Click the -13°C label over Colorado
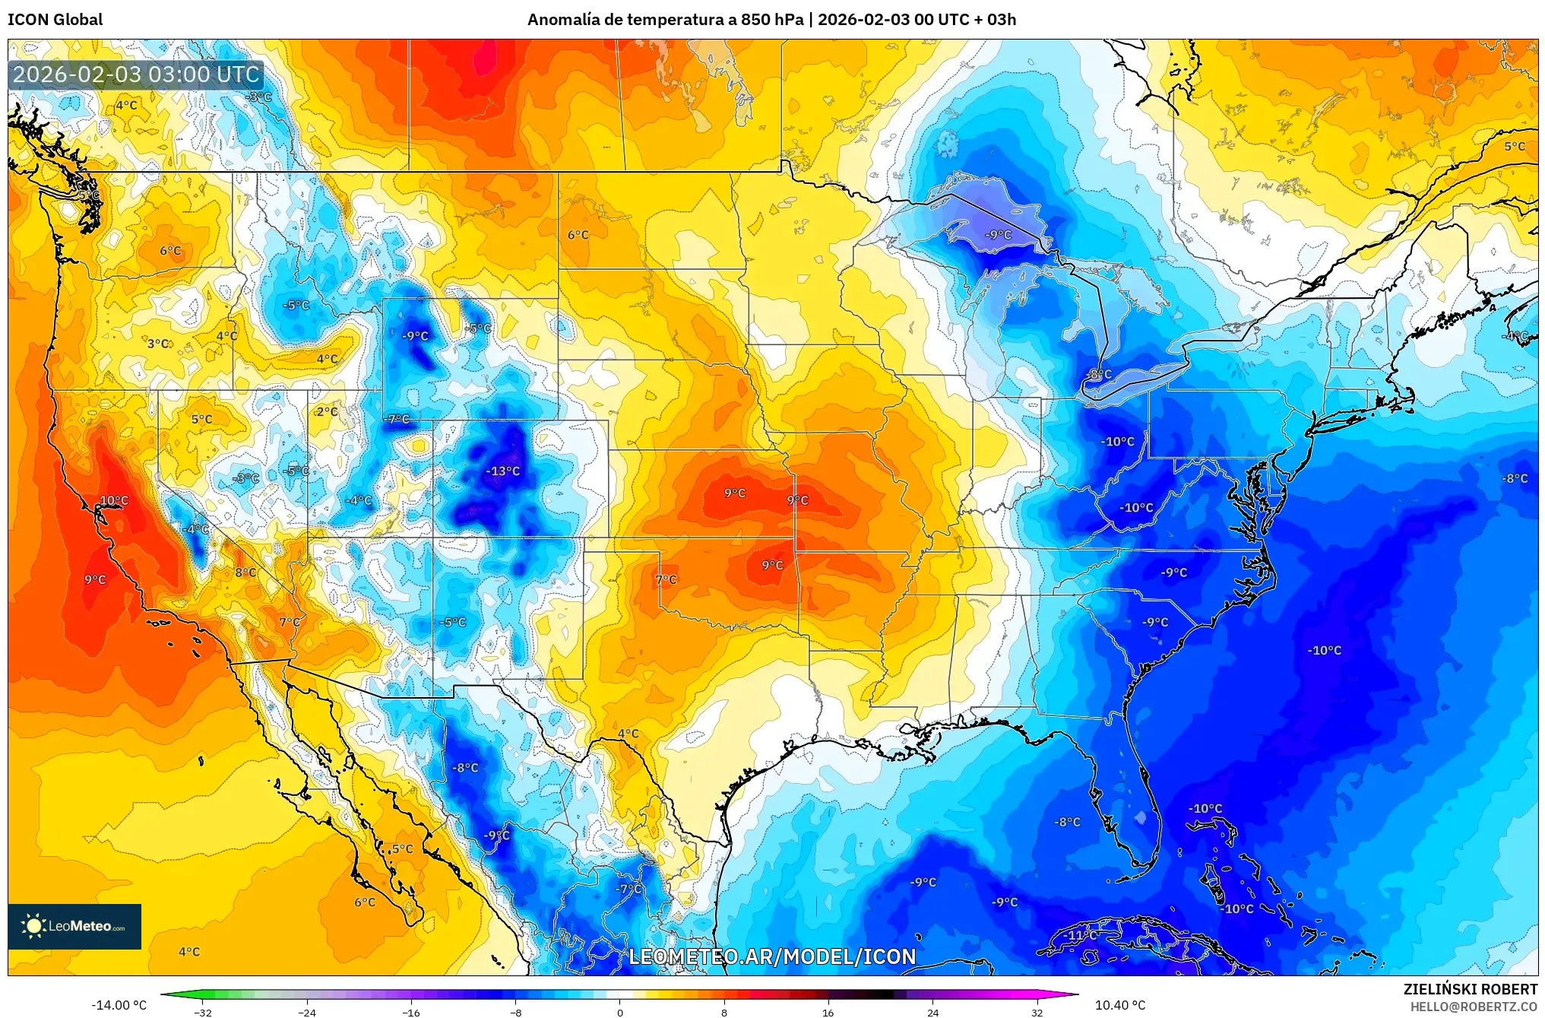[503, 471]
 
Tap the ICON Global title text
[55, 20]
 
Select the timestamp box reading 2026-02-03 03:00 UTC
[137, 75]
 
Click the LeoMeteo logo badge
[74, 926]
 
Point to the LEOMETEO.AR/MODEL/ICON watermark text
[772, 956]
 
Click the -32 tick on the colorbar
[203, 1013]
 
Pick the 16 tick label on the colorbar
[828, 1013]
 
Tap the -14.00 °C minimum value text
[119, 1005]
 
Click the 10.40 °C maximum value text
[1119, 1005]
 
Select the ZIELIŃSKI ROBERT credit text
[1470, 989]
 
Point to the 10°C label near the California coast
[114, 500]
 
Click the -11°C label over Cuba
[1082, 935]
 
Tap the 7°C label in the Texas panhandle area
[666, 580]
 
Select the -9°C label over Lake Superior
[998, 235]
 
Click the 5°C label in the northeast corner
[1515, 147]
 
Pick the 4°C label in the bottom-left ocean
[189, 952]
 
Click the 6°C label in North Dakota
[578, 235]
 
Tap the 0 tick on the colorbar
[619, 1013]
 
